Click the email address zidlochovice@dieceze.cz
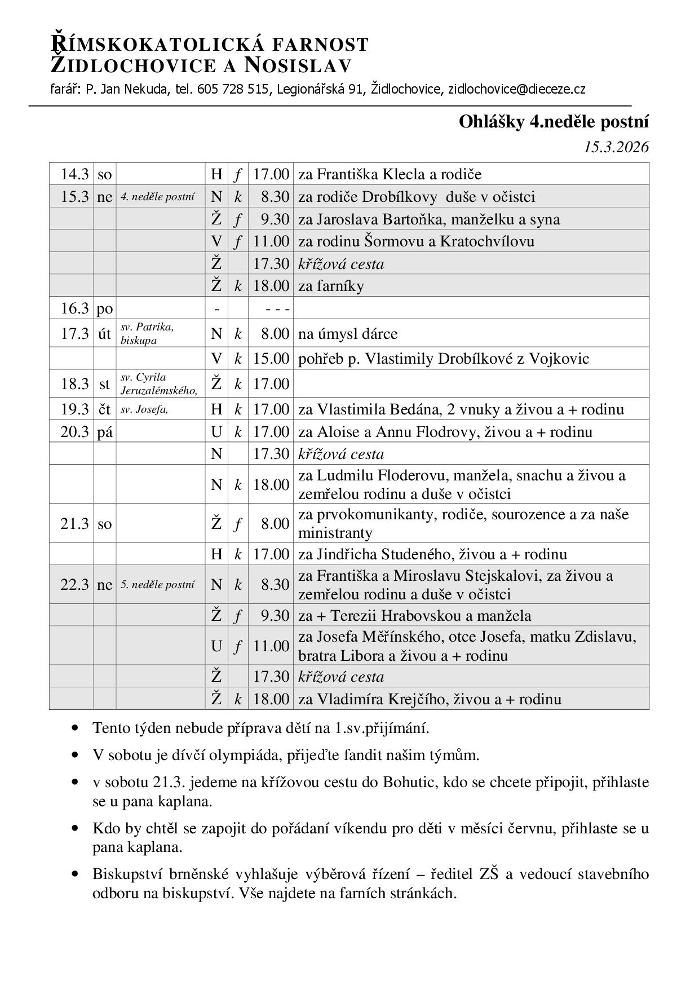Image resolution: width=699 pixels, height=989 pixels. coord(516,89)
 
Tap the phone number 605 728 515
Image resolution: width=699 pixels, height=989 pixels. coord(232,89)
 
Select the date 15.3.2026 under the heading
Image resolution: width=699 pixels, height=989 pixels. coord(616,147)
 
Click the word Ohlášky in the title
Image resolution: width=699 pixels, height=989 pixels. coord(492,122)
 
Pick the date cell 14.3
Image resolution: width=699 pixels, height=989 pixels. coord(74,174)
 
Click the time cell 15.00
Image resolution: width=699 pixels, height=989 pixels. coord(271,359)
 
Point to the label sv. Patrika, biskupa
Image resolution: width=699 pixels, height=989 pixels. coord(147,334)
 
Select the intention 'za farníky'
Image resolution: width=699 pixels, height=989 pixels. coord(331,286)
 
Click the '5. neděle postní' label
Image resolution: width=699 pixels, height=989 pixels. coord(158,585)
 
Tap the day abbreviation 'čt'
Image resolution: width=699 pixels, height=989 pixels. coord(105,409)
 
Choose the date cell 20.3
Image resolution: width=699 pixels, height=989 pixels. coord(74,432)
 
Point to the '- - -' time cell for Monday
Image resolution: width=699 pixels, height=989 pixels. coord(277,309)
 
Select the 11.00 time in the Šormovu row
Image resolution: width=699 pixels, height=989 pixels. coord(271,241)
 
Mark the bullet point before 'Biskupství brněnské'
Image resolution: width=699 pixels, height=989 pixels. coord(75,875)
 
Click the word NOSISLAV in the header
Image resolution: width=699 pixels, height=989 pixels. coord(298,66)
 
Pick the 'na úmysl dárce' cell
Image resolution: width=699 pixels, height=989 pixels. coord(348,334)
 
